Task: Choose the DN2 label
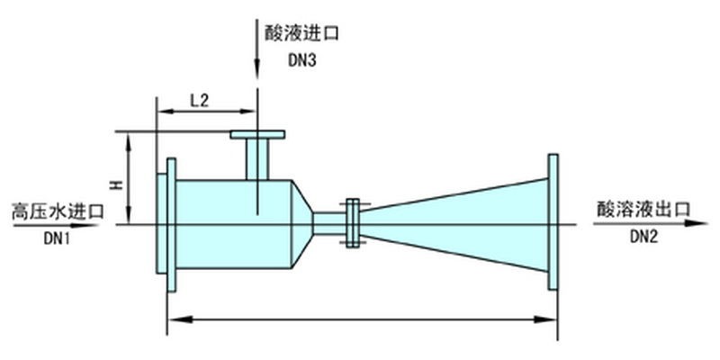tap(644, 238)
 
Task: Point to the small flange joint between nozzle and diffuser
tap(353, 222)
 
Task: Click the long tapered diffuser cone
tap(459, 224)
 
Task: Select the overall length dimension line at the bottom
tap(360, 318)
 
